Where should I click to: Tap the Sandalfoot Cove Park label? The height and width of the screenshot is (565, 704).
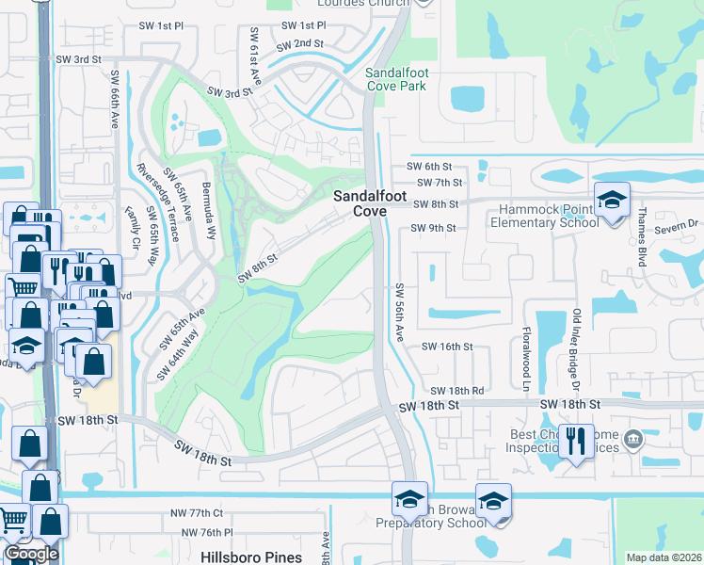point(396,78)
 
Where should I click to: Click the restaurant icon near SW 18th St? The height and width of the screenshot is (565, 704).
point(574,441)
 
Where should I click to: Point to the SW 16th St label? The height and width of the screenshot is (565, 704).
point(446,347)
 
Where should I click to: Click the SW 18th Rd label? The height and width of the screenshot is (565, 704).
point(456,390)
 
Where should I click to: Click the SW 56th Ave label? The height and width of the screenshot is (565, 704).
point(400,312)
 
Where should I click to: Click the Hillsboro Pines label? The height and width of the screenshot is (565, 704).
point(251,557)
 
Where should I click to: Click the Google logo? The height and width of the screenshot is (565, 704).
point(31,554)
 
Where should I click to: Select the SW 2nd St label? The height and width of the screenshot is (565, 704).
point(300,44)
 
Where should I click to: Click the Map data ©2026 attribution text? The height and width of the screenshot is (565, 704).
point(663,557)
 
